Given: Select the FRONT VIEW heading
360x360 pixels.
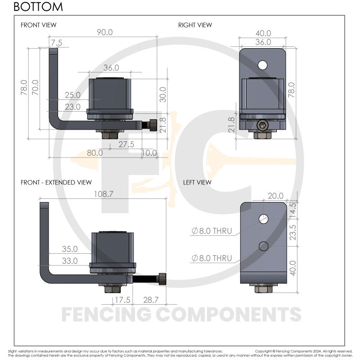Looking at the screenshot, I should tap(39, 25).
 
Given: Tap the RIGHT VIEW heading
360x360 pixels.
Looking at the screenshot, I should tap(195, 25).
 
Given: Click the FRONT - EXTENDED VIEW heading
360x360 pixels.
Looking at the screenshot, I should tap(56, 182).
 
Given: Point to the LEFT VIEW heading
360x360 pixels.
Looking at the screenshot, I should tap(197, 182).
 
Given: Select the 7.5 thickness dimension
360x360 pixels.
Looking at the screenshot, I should tap(57, 42).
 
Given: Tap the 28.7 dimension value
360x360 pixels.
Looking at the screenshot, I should tap(150, 299).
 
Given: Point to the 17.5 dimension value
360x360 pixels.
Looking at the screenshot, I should tap(120, 299).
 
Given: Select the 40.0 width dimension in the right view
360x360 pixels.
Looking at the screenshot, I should tap(263, 33).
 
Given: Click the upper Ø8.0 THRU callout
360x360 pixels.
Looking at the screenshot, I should tap(212, 231).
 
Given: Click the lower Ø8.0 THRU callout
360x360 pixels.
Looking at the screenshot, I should tap(212, 258).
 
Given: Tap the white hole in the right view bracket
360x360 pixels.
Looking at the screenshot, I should tap(262, 65).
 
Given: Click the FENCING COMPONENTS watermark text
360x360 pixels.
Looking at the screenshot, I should tap(181, 315).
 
